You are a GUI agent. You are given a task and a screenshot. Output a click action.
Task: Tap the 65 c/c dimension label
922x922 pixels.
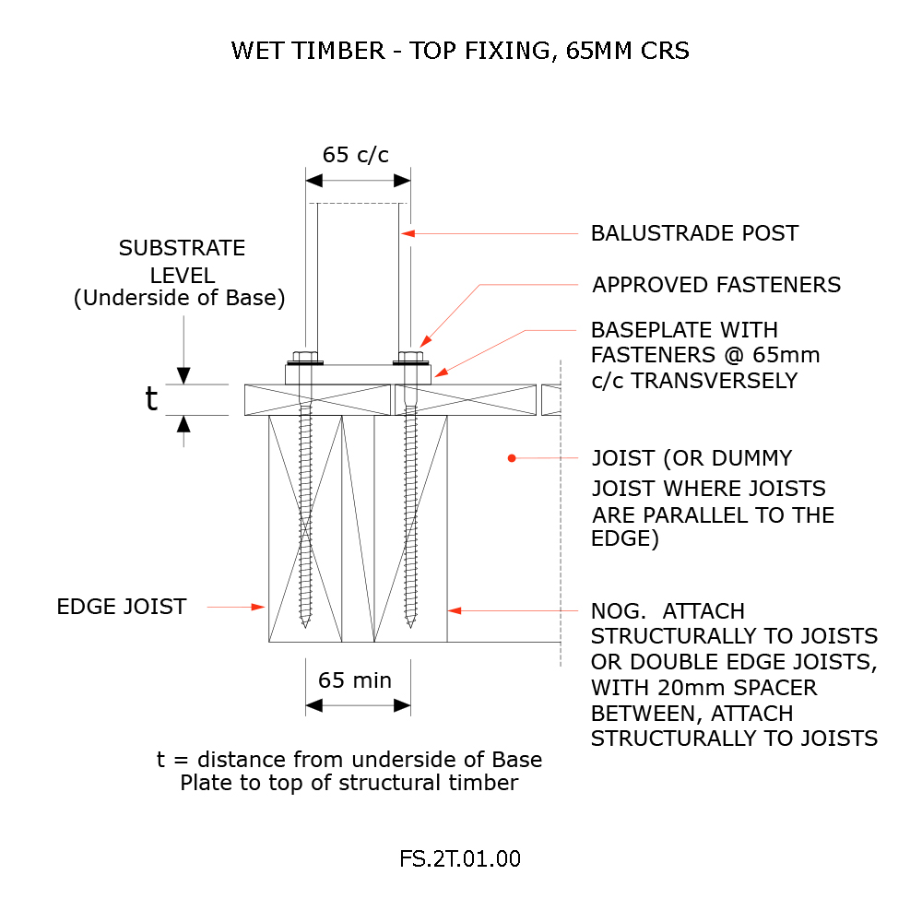355,155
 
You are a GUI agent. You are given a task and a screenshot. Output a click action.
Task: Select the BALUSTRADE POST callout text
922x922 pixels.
694,233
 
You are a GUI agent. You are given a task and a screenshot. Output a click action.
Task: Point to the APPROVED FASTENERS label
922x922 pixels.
716,285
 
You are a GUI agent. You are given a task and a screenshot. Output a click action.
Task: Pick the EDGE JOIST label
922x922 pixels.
122,607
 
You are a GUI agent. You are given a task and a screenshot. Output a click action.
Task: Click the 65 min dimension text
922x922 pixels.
355,680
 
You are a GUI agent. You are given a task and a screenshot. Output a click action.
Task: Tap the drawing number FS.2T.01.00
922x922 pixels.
460,859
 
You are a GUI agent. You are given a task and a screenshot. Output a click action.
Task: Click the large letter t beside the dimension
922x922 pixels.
152,398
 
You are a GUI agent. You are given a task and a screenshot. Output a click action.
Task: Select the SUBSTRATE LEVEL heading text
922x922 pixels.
182,261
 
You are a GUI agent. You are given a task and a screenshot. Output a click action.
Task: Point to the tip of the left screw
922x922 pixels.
304,626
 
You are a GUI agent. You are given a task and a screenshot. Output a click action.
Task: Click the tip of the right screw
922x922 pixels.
410,626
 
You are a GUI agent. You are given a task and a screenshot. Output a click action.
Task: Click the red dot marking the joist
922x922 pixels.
511,457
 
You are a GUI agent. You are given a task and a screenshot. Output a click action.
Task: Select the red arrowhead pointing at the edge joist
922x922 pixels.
259,607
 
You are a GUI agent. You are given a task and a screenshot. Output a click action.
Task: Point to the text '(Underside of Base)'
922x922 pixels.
180,299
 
